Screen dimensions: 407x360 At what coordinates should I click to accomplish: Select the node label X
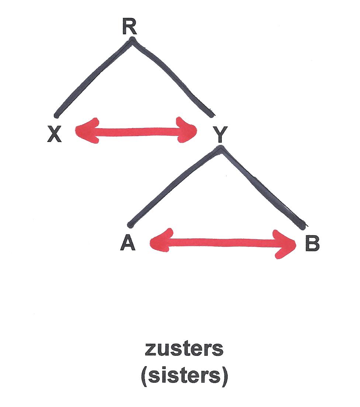tap(55, 135)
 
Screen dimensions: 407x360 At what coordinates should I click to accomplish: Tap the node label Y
tap(220, 135)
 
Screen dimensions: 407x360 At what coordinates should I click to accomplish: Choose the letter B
tap(312, 244)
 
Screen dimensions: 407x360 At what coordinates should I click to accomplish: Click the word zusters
tap(184, 348)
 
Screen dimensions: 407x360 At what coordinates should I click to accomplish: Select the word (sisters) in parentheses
tap(184, 376)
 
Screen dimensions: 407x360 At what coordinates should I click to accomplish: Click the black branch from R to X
tap(92, 77)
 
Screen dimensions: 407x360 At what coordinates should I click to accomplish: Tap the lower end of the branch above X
tap(56, 116)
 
